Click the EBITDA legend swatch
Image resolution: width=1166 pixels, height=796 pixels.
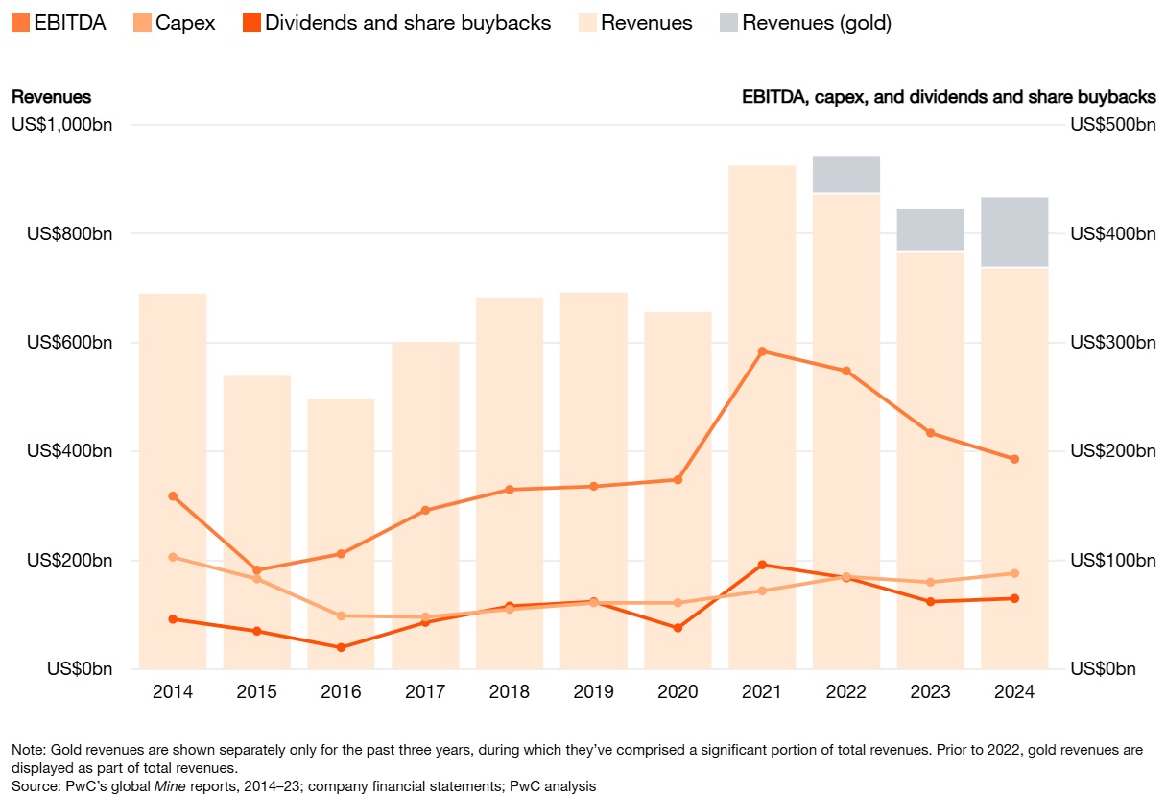(20, 23)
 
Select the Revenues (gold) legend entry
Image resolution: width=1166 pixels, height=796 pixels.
(817, 23)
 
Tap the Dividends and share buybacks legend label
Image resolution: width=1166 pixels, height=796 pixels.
(408, 23)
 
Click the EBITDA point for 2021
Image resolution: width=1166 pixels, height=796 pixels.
(762, 351)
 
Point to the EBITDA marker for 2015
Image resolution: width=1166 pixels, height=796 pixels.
(257, 570)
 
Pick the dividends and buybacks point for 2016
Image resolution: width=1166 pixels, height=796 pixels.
(342, 647)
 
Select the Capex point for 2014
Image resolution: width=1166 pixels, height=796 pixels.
(173, 557)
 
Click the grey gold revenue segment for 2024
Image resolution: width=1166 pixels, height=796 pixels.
(1014, 231)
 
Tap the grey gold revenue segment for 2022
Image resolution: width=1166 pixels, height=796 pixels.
(846, 174)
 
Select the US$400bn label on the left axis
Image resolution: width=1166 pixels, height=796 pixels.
(65, 451)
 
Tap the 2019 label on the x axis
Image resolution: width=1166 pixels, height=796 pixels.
(593, 692)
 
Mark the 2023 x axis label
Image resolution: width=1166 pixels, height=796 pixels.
(930, 692)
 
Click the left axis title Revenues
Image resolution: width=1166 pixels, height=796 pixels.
(51, 97)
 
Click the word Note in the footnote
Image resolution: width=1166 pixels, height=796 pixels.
(27, 749)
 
